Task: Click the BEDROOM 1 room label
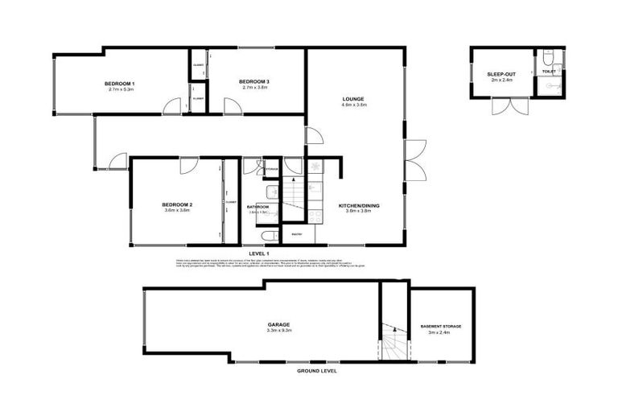(x=119, y=84)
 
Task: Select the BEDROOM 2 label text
(x=177, y=204)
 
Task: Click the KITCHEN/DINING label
(x=359, y=206)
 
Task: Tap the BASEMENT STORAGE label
(x=441, y=326)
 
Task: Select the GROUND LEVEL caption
(x=316, y=371)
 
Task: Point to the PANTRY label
(x=297, y=234)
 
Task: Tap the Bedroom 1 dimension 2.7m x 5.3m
(x=119, y=90)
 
